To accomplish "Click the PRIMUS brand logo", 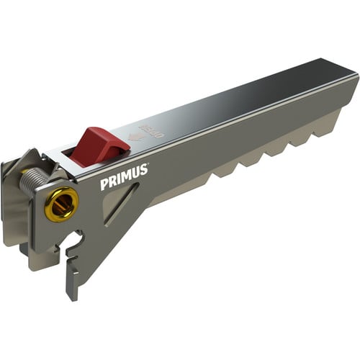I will click(x=123, y=178).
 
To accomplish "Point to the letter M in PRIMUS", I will click(x=125, y=177).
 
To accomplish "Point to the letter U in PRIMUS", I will click(x=134, y=174).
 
